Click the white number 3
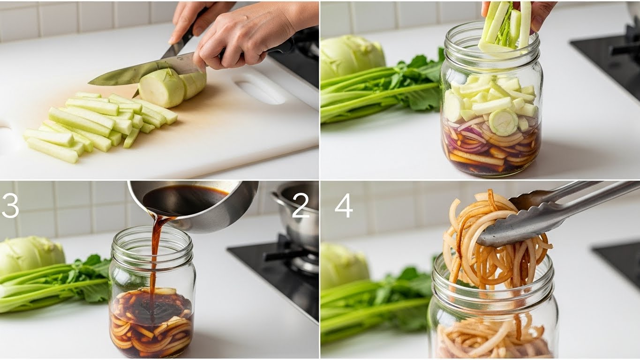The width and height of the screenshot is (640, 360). (10, 205)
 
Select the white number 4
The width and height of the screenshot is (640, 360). (344, 205)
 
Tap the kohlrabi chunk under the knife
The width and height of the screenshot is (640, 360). (161, 88)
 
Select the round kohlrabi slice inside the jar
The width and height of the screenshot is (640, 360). (503, 122)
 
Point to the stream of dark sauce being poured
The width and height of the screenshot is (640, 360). (156, 257)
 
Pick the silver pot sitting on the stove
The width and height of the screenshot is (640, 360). (297, 217)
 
